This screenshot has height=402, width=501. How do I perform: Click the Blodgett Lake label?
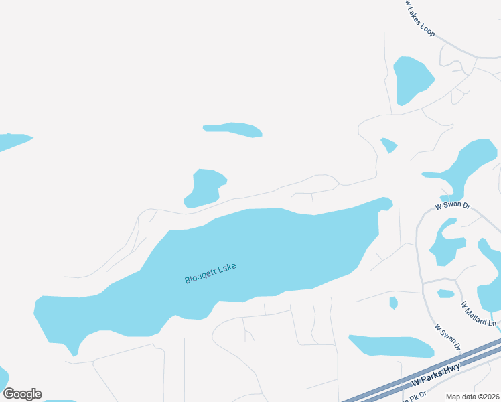[210, 273]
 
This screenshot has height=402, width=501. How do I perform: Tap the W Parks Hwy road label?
[427, 378]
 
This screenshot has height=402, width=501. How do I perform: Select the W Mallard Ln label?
[478, 314]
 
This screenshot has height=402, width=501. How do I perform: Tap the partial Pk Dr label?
[409, 396]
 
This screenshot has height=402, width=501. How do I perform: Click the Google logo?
[22, 394]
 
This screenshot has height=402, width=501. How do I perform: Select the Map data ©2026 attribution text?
[473, 397]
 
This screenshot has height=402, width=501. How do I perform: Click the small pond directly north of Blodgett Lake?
[206, 187]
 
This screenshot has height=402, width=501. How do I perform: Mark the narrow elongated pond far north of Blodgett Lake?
[232, 129]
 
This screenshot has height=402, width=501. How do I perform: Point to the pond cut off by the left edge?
[12, 141]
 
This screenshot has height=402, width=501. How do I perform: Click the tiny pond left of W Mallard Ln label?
[446, 293]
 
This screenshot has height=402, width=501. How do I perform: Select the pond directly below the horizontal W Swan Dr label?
[445, 243]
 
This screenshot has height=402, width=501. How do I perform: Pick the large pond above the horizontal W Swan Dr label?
[469, 165]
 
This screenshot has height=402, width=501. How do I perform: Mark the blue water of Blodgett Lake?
[268, 248]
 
